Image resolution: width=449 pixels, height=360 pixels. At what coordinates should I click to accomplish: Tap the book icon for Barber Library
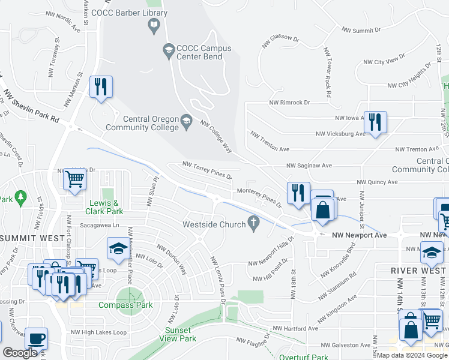click(154, 25)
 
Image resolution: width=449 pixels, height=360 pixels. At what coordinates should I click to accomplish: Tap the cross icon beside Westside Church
click(254, 223)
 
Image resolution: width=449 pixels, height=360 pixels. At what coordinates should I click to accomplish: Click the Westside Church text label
click(214, 224)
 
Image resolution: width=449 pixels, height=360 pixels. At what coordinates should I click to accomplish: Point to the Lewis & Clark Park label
click(106, 207)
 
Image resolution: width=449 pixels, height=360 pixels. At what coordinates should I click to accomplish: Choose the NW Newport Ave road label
click(359, 236)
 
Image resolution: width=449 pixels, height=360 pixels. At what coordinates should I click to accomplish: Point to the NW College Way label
click(216, 137)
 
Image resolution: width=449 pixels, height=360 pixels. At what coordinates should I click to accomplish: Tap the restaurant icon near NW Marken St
click(100, 86)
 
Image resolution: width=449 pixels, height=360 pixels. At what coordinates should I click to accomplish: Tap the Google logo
click(20, 353)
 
